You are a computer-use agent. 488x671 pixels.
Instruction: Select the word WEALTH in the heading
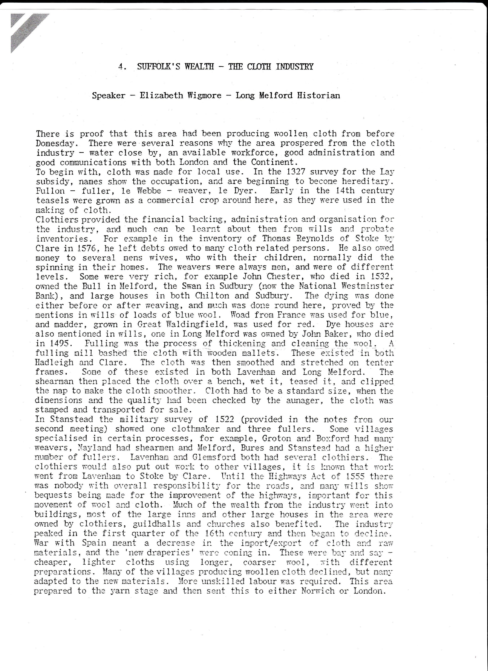[x=199, y=67]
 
